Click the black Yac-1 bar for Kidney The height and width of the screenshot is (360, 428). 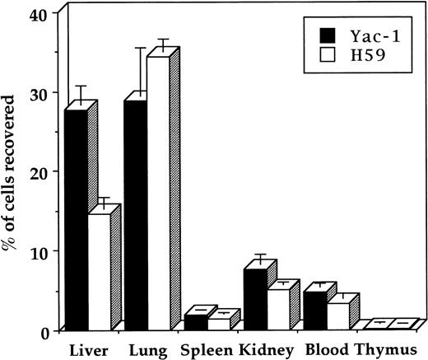255,297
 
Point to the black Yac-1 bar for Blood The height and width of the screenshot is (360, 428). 316,307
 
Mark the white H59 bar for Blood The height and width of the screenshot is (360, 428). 339,314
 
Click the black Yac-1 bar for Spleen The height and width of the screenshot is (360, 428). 195,322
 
